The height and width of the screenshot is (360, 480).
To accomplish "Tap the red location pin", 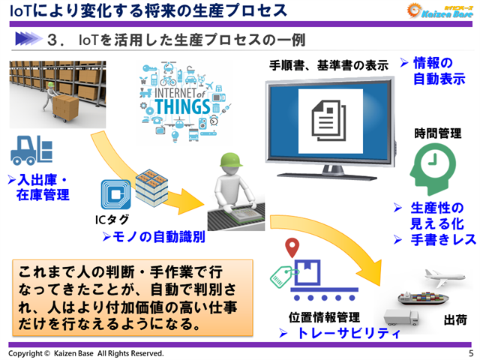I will click(x=293, y=246).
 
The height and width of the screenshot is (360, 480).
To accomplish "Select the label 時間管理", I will click(x=437, y=133).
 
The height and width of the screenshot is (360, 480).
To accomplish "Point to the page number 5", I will click(x=470, y=352).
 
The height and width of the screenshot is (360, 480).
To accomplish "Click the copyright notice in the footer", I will click(x=86, y=352).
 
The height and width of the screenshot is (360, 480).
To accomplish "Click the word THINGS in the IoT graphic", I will click(x=176, y=105).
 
